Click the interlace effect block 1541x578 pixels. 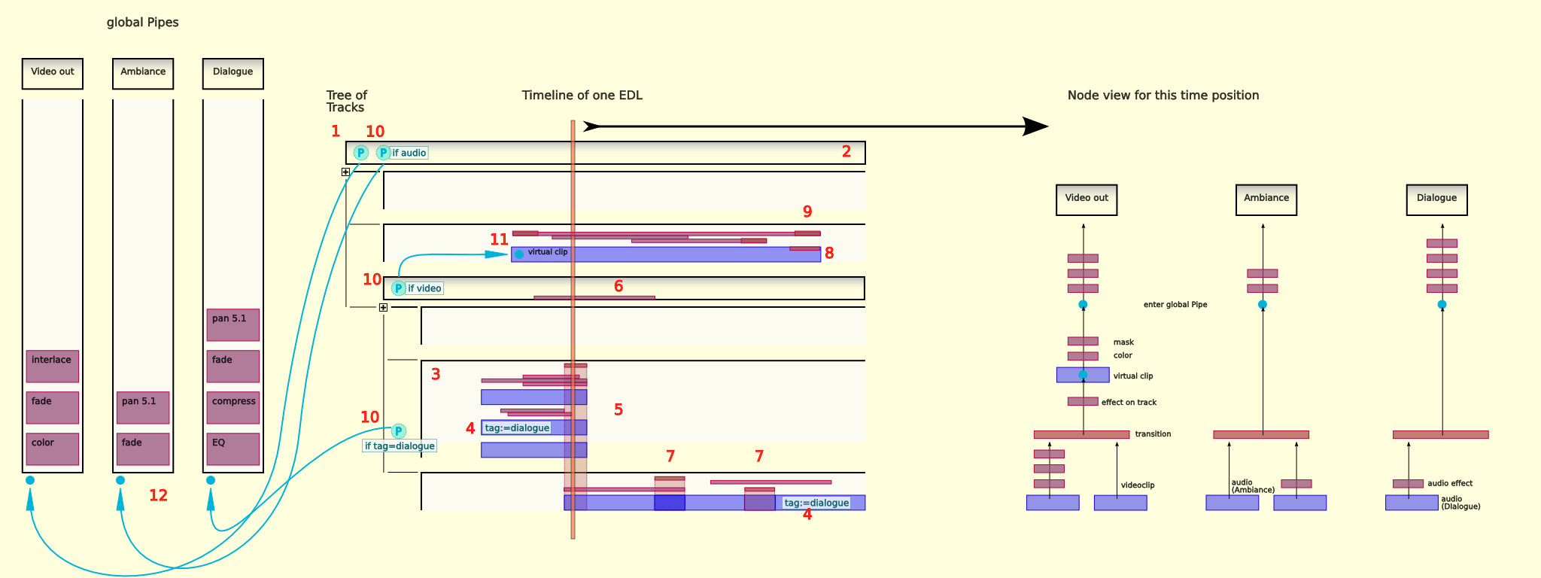52,366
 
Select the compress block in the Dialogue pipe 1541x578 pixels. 233,407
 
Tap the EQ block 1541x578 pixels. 233,449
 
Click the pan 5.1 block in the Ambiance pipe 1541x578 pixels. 142,407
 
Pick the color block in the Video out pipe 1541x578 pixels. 52,449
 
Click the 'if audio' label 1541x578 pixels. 409,153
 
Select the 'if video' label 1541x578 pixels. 424,288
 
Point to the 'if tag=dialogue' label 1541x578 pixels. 400,446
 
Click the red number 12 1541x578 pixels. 158,495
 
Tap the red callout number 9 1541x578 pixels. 807,211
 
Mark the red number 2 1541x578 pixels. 846,151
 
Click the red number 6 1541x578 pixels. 619,286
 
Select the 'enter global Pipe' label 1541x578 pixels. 1175,305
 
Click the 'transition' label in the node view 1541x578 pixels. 1153,434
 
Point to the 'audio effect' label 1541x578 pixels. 1450,483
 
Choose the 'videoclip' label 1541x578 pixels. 1137,485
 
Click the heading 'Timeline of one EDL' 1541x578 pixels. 582,96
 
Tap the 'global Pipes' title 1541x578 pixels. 142,23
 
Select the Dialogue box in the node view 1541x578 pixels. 1436,199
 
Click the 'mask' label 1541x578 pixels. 1123,342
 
